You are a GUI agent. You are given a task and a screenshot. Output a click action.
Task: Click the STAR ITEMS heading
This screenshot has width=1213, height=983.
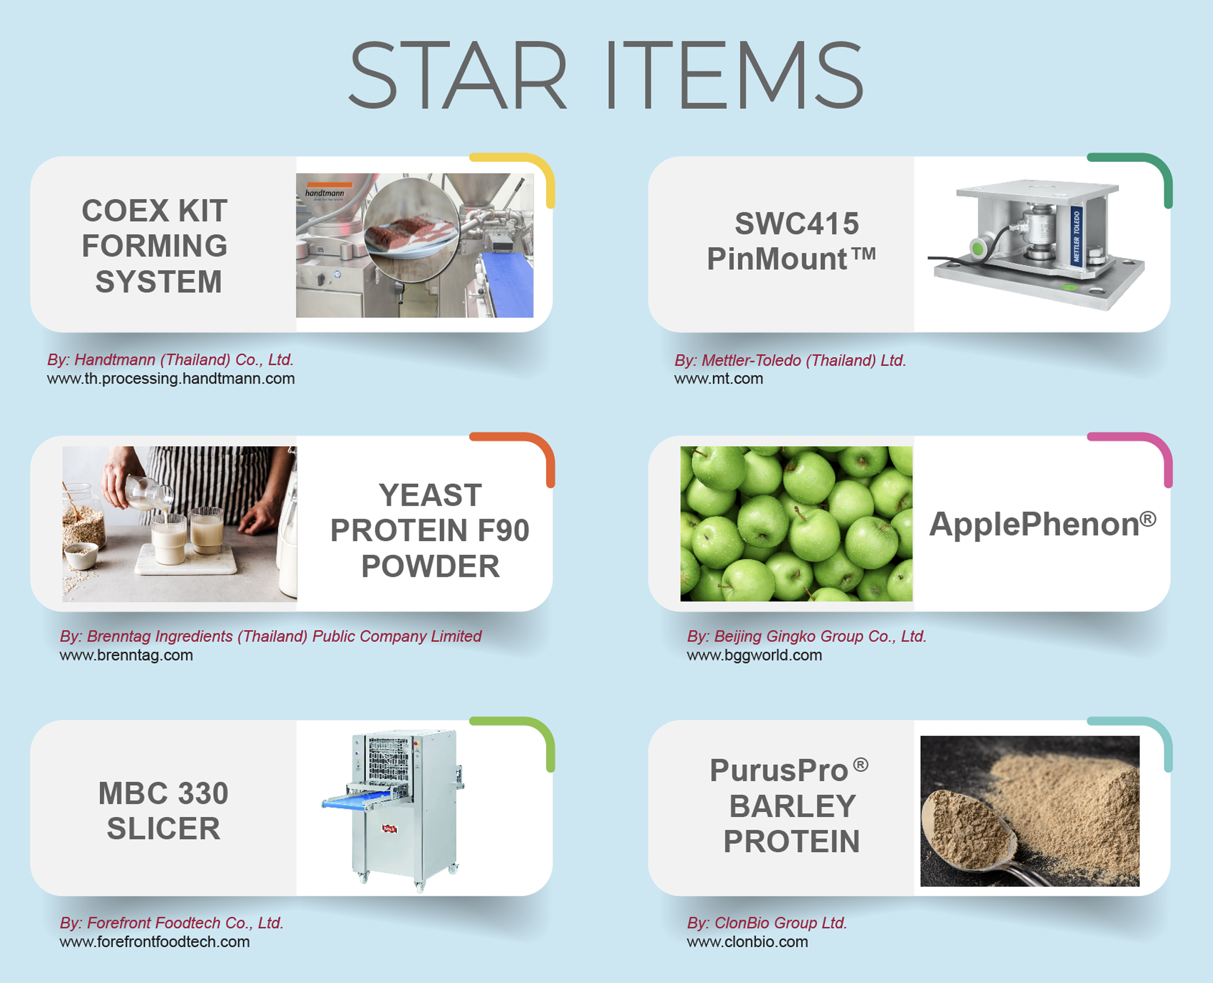point(606,74)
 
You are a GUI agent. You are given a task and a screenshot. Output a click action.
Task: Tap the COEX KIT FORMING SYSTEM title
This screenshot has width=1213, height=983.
point(155,246)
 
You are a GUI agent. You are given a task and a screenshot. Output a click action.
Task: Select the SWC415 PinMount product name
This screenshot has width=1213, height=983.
point(791,241)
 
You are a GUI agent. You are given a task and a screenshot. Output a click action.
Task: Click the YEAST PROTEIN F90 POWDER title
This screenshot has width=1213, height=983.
point(430,531)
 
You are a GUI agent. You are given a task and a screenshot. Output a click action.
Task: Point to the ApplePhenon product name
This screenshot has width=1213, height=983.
point(1043,524)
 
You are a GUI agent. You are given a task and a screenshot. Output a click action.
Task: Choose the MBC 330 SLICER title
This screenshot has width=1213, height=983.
point(164,811)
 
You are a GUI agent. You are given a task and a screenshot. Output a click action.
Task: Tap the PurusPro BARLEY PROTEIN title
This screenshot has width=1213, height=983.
point(790,806)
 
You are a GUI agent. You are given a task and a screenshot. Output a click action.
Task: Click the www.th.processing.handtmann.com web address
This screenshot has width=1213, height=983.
point(171,378)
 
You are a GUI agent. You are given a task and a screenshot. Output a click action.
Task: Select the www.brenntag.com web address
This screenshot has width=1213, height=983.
point(126,655)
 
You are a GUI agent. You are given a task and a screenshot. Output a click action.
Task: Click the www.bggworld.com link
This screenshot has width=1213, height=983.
point(755,655)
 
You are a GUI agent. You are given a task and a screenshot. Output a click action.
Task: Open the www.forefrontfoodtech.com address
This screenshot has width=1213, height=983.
point(155,942)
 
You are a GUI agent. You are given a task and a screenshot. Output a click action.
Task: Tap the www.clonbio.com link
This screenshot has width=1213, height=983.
point(747,942)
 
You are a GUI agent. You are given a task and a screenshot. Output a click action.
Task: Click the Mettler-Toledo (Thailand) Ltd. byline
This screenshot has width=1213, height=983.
point(791,360)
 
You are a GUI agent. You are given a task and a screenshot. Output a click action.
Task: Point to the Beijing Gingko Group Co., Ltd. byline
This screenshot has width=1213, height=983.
point(806,636)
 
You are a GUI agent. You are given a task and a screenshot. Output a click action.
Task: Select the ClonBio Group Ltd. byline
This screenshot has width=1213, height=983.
point(767,923)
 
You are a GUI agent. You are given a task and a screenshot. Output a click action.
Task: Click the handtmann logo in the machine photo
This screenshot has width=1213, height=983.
point(324,191)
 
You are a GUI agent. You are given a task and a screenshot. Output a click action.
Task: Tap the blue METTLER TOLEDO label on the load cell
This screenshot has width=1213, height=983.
point(1077,235)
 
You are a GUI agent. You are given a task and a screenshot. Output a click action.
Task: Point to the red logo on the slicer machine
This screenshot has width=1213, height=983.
point(389,828)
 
